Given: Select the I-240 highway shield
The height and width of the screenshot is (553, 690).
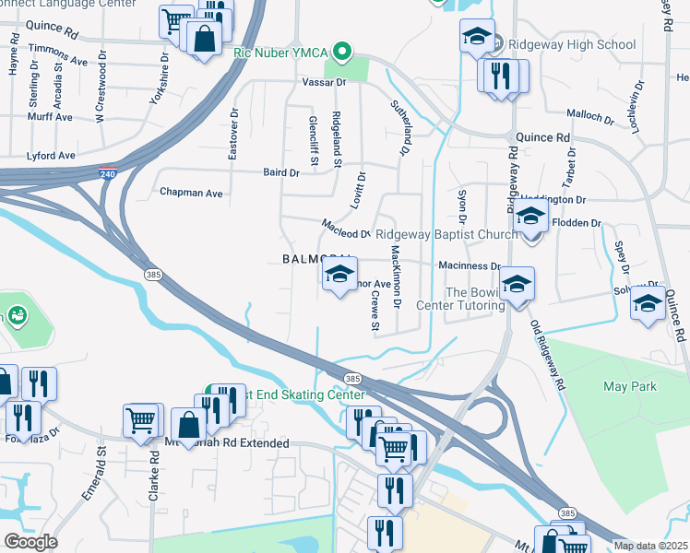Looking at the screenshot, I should click(109, 171).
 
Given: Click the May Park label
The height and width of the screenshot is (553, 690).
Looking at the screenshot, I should click(629, 386).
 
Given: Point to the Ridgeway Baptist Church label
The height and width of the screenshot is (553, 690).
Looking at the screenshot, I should click(446, 235).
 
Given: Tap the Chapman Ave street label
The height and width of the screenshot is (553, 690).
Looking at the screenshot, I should click(191, 194).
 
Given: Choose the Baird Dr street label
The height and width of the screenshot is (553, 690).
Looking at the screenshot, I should click(281, 172).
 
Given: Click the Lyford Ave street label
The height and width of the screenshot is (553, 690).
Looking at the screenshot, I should click(51, 156).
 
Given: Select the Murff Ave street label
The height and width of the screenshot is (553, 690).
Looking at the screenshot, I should click(50, 117).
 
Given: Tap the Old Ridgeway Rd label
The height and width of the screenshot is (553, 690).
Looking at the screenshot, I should click(547, 356).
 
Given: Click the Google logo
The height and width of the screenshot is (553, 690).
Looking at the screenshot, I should click(30, 541).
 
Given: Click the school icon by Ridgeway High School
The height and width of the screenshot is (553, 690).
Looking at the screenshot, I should click(477, 37).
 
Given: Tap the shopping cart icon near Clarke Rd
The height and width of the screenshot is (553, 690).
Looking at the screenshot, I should click(142, 421).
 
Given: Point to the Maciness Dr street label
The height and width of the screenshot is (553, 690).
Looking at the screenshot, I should click(469, 266).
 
